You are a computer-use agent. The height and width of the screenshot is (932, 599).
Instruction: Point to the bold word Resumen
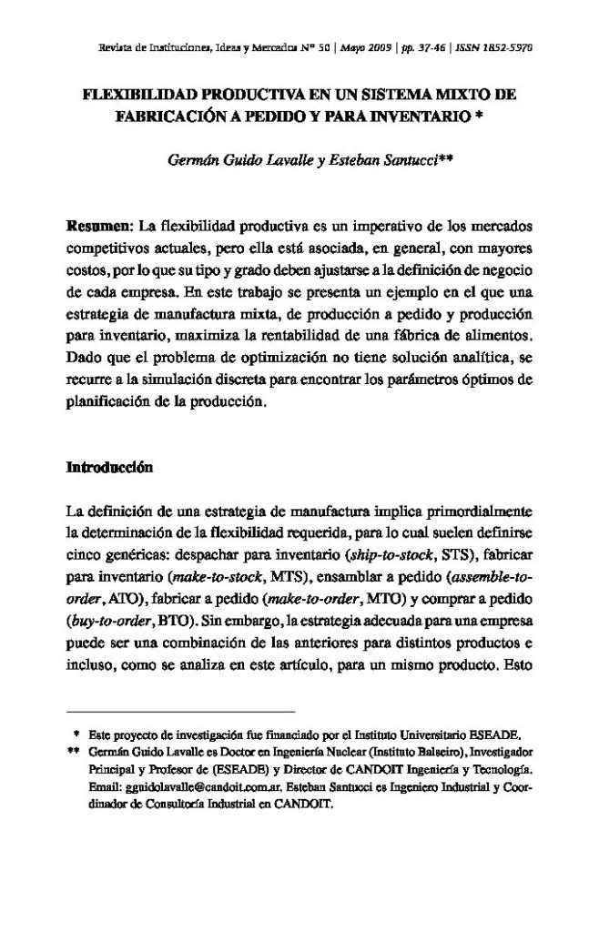(100, 224)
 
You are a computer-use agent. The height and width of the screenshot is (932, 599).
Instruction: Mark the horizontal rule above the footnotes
(182, 710)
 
